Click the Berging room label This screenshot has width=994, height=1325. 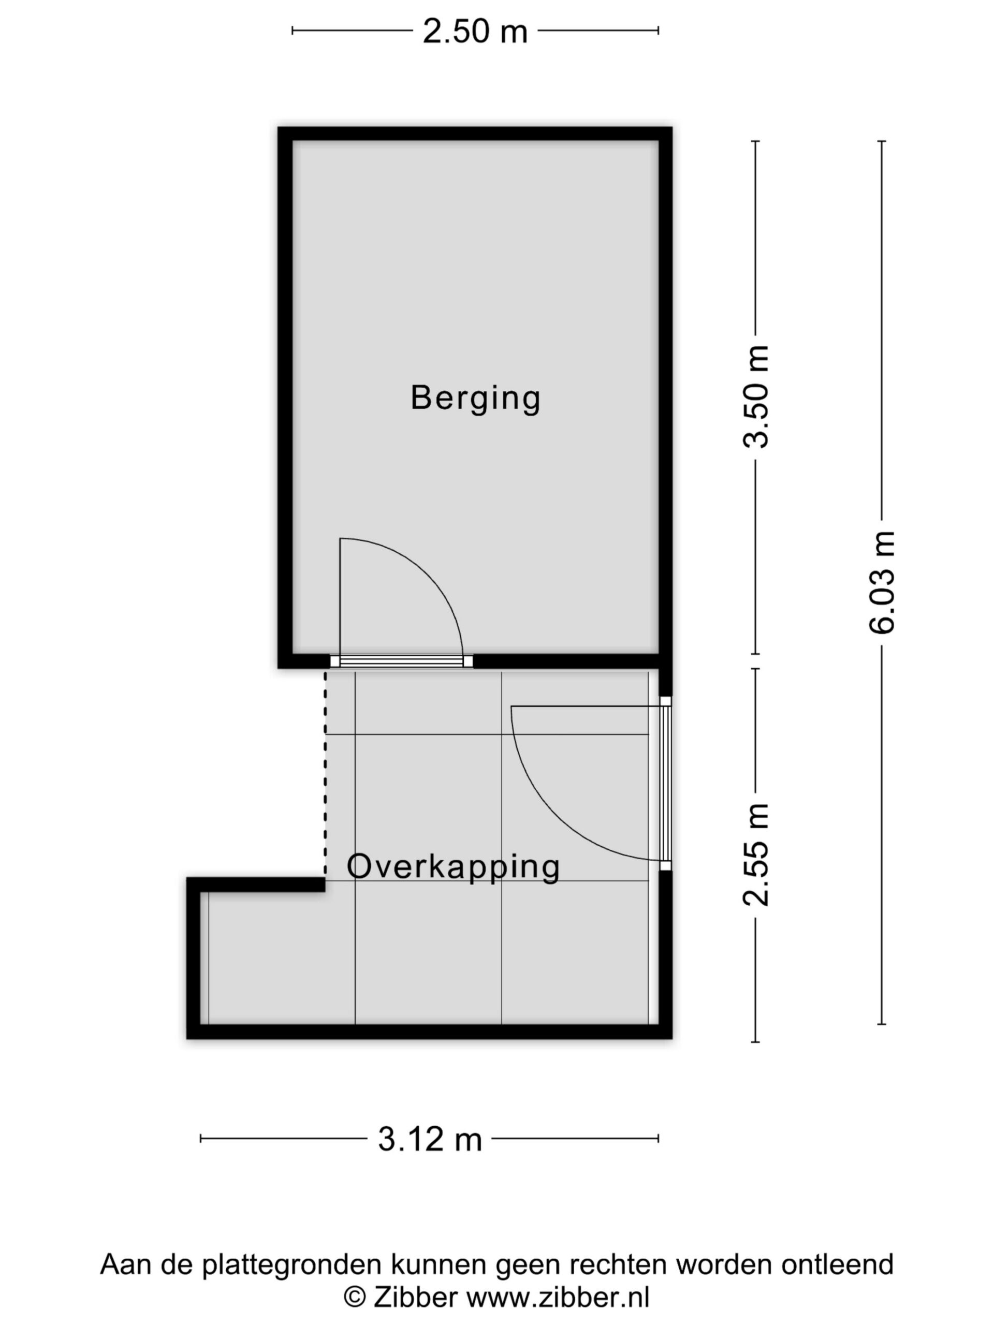(x=475, y=399)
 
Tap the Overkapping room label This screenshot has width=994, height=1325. (x=454, y=867)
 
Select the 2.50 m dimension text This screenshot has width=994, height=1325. (x=475, y=31)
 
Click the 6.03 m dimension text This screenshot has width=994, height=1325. (x=882, y=582)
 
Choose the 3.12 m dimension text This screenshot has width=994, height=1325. (x=430, y=1139)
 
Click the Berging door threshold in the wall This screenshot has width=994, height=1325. (x=401, y=661)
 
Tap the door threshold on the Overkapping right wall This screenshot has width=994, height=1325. (x=665, y=783)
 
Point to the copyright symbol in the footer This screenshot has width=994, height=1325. (x=355, y=1298)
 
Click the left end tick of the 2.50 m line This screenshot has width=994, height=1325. (x=293, y=31)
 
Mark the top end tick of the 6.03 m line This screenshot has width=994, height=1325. (x=882, y=141)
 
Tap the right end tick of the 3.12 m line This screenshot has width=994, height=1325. (x=659, y=1138)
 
